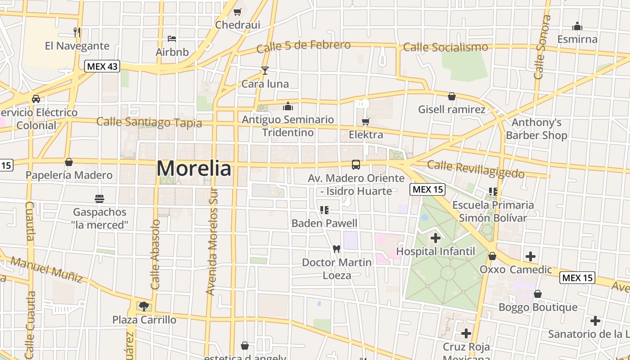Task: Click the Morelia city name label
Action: click(x=194, y=169)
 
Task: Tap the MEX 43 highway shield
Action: click(x=102, y=66)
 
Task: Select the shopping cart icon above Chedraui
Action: click(x=237, y=12)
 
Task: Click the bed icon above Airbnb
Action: click(x=172, y=39)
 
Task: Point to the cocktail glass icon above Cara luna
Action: click(x=265, y=70)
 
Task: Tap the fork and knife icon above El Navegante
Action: click(x=77, y=32)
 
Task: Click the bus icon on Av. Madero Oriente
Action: click(x=356, y=164)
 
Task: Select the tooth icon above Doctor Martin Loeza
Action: click(x=336, y=249)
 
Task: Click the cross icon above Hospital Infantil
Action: click(x=435, y=238)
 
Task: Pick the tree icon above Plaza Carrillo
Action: click(x=144, y=306)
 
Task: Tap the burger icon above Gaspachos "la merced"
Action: click(x=99, y=198)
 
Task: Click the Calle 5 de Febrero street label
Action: click(x=303, y=46)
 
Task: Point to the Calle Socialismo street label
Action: click(x=445, y=47)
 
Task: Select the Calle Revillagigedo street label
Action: click(x=476, y=169)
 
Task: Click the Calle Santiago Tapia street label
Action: click(x=149, y=122)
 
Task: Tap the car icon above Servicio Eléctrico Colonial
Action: click(x=36, y=99)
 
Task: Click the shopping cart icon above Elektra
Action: click(x=366, y=121)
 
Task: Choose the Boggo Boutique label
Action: click(x=538, y=307)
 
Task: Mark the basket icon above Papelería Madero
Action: click(x=69, y=162)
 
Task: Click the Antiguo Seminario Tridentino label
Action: click(x=288, y=126)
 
